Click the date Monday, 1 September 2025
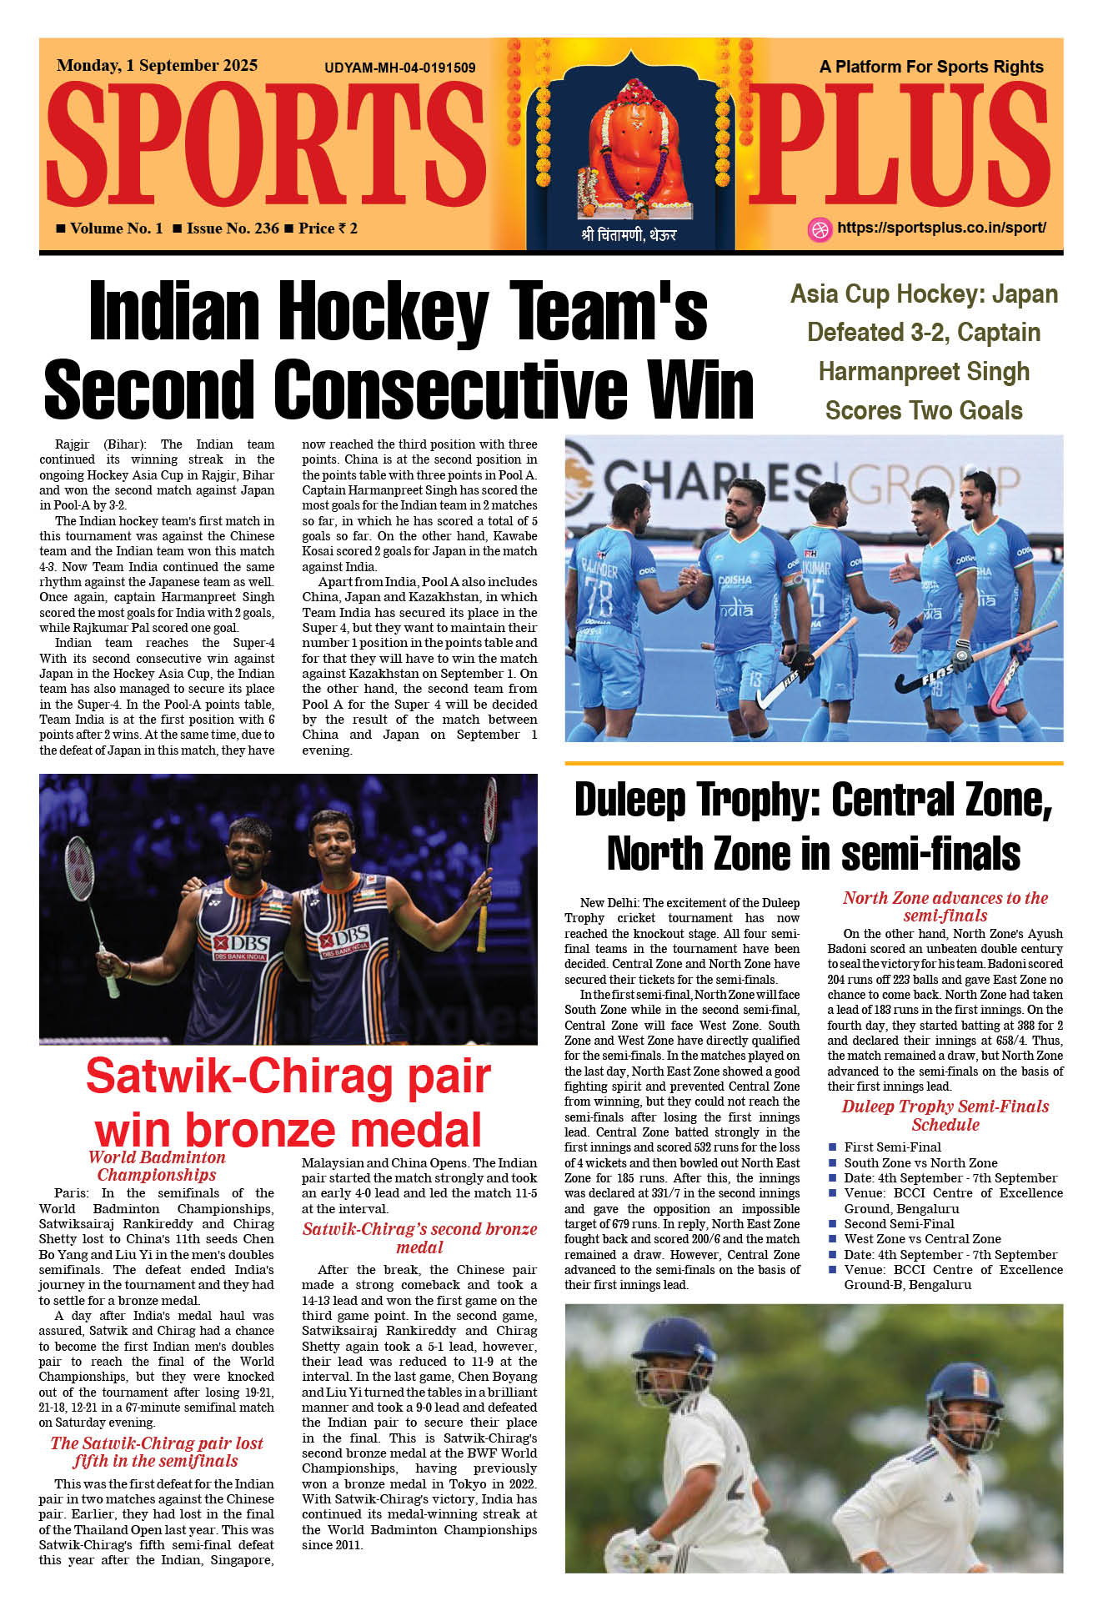point(157,65)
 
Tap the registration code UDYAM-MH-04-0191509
point(399,68)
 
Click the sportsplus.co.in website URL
point(940,228)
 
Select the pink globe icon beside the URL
point(820,229)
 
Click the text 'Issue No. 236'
point(233,228)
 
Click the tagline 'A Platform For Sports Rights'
point(930,67)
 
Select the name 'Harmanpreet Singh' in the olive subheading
point(924,371)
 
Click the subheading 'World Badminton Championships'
point(157,1166)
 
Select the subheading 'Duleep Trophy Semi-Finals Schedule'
point(945,1115)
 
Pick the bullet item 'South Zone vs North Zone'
point(920,1162)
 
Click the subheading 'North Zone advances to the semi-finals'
point(945,906)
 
